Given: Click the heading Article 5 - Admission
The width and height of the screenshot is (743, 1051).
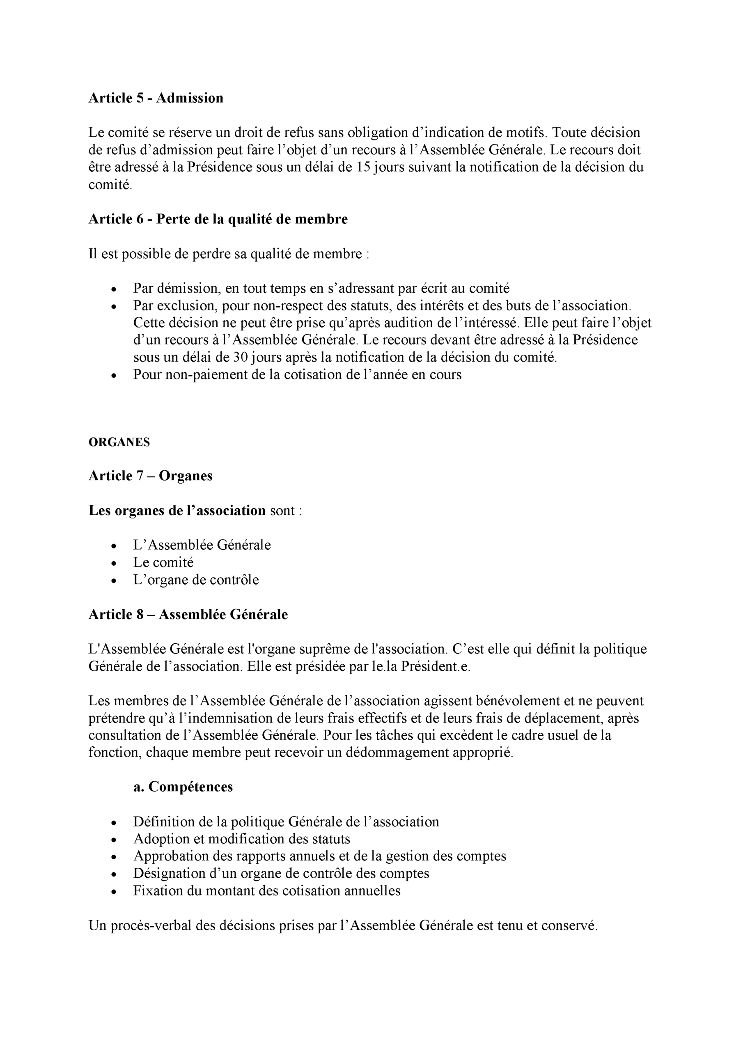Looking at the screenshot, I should (156, 98).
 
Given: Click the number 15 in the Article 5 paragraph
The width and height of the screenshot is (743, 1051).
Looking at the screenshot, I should (363, 167).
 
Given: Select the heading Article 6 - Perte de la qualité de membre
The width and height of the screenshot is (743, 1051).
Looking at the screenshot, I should (218, 219).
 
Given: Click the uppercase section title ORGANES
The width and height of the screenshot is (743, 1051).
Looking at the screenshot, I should (119, 442).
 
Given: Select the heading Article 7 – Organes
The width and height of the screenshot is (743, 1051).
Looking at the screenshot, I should (150, 476).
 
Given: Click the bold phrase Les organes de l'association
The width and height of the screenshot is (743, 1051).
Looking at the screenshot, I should (177, 510).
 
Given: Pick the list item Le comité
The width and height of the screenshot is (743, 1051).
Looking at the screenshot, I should (163, 562).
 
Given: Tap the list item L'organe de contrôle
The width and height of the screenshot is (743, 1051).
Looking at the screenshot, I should (196, 580).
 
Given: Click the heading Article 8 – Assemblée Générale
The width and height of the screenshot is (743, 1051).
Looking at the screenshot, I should (188, 614).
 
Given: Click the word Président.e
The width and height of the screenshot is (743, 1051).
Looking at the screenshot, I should (436, 666).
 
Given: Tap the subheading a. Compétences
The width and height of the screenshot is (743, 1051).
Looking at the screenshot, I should (183, 787).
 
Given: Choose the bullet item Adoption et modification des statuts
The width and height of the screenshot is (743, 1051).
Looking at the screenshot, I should (242, 839).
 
